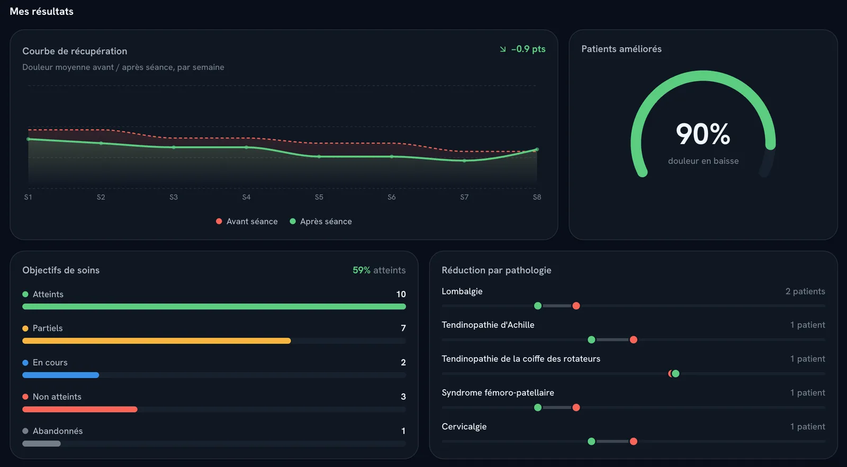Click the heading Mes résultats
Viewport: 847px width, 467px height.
click(42, 11)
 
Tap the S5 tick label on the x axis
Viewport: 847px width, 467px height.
click(319, 197)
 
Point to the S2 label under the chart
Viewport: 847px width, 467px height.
click(101, 197)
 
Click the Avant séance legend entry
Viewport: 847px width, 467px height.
click(247, 221)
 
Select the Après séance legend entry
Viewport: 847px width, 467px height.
click(321, 221)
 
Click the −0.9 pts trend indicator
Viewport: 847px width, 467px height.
click(522, 49)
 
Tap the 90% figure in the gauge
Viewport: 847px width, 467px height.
click(703, 134)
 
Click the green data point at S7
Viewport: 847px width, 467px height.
click(464, 161)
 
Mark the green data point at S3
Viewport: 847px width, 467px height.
click(174, 147)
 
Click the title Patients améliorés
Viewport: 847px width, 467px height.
click(621, 49)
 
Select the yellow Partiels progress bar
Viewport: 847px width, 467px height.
click(157, 340)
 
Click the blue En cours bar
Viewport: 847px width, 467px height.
click(60, 375)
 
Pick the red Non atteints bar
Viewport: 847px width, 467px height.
click(80, 409)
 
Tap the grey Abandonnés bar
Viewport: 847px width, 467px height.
click(42, 444)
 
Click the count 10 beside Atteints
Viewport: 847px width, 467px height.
click(401, 294)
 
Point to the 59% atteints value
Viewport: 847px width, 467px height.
click(379, 270)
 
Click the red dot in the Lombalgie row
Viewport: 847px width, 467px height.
click(576, 306)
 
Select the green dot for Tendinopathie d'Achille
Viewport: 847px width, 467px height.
click(591, 339)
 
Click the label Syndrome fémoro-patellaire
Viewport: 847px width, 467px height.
click(498, 392)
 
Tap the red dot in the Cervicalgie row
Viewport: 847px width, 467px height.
click(633, 441)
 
